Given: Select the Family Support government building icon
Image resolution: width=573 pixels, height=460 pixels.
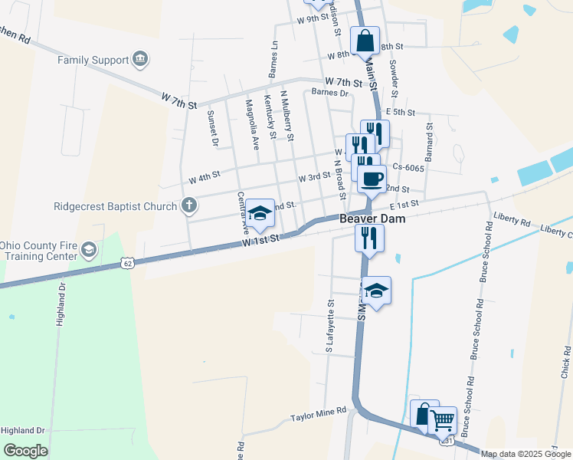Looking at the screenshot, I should point(139,58).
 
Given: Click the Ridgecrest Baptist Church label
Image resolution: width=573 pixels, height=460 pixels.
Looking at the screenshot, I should point(115,205).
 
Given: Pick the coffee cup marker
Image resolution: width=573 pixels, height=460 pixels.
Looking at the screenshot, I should point(372,179).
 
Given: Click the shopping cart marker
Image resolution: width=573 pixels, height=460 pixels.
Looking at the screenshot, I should point(442,420).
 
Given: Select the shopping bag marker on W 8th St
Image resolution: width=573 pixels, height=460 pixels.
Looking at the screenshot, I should point(365,41).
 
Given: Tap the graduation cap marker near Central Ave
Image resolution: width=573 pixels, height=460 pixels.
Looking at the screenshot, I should point(260,214).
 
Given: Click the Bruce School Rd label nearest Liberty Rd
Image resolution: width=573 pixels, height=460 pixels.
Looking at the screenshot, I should point(484,253).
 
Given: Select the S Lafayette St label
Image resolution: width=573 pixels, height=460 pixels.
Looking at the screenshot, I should point(330,327).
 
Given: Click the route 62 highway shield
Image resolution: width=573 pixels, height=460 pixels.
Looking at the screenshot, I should point(127,264).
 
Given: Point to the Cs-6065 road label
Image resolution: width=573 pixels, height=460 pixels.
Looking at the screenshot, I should point(408,168).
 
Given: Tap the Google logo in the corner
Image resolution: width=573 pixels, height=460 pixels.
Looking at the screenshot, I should point(25,450).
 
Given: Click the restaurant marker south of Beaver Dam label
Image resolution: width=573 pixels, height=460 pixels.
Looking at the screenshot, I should point(369,238).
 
